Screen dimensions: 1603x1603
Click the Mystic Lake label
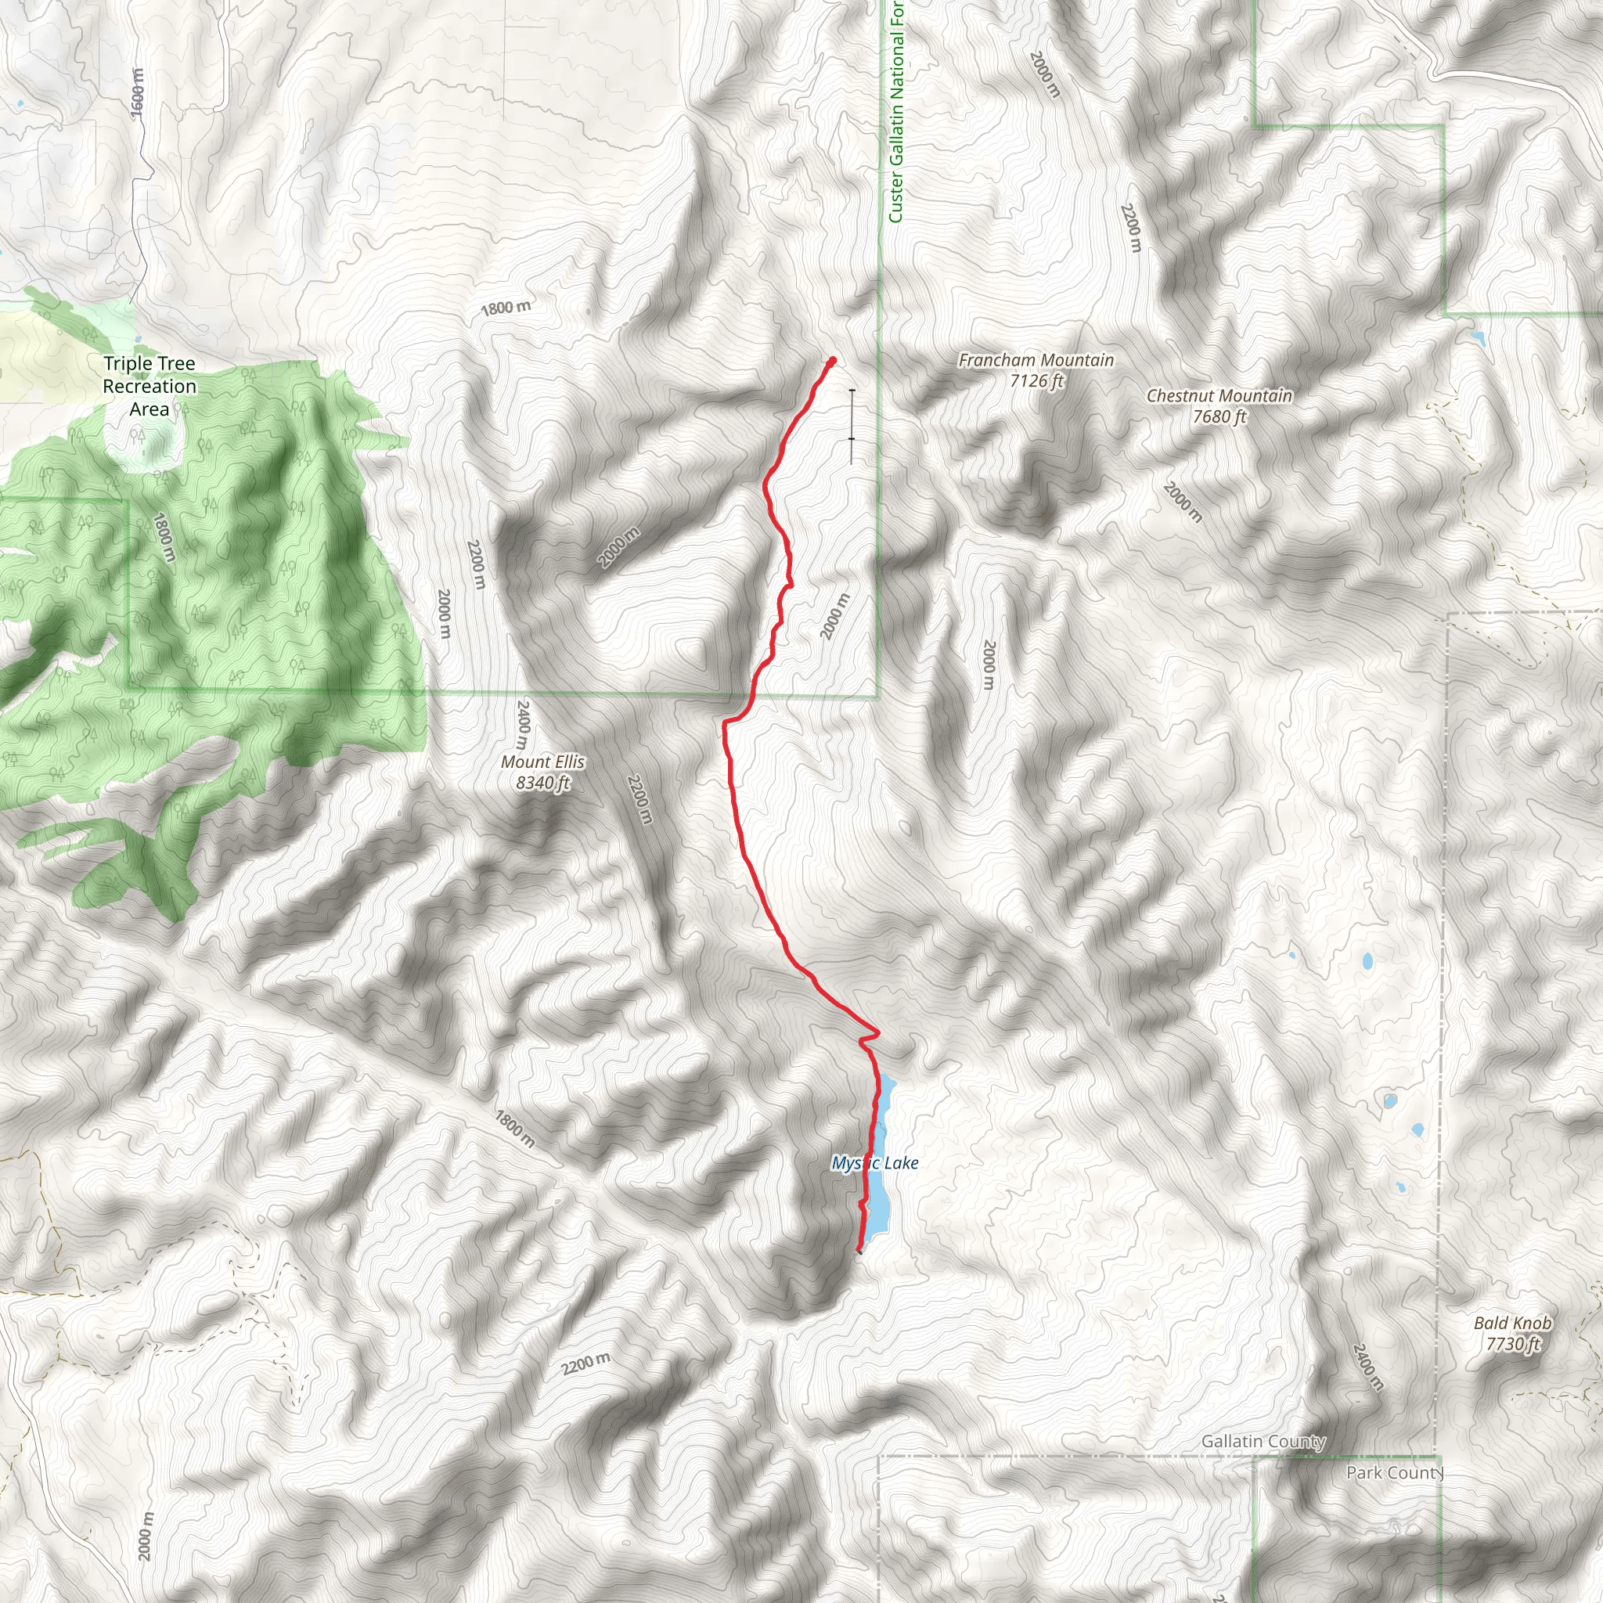coord(874,1163)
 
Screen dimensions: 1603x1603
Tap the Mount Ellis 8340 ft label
coord(542,773)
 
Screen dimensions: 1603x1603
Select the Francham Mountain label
coord(1036,370)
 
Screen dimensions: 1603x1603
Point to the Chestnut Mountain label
coord(1219,405)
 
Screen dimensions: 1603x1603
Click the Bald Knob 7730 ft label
coord(1512,1333)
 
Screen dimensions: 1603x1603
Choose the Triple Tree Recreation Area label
coord(149,386)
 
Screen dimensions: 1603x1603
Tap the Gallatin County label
coord(1263,1441)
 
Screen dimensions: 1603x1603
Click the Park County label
coord(1395,1473)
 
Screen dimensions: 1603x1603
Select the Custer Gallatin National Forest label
coord(896,112)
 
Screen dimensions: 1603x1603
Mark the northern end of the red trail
coord(831,360)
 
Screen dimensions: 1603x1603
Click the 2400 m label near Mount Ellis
coord(523,723)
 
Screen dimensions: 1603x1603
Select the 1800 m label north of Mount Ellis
coord(506,308)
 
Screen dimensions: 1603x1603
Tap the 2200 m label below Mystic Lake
coord(585,1363)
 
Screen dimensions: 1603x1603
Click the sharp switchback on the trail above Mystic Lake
coord(876,1032)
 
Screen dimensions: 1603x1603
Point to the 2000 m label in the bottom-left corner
coord(146,1536)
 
